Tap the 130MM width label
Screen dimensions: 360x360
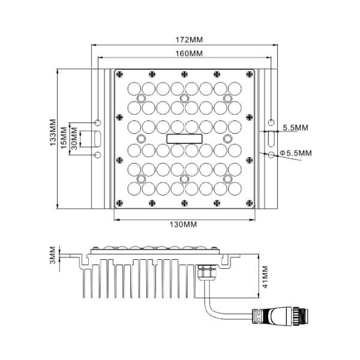tap(183, 224)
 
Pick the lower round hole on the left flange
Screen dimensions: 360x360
tap(97, 155)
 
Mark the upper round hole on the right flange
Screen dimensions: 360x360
tap(271, 122)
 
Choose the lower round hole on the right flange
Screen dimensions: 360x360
tap(271, 155)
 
